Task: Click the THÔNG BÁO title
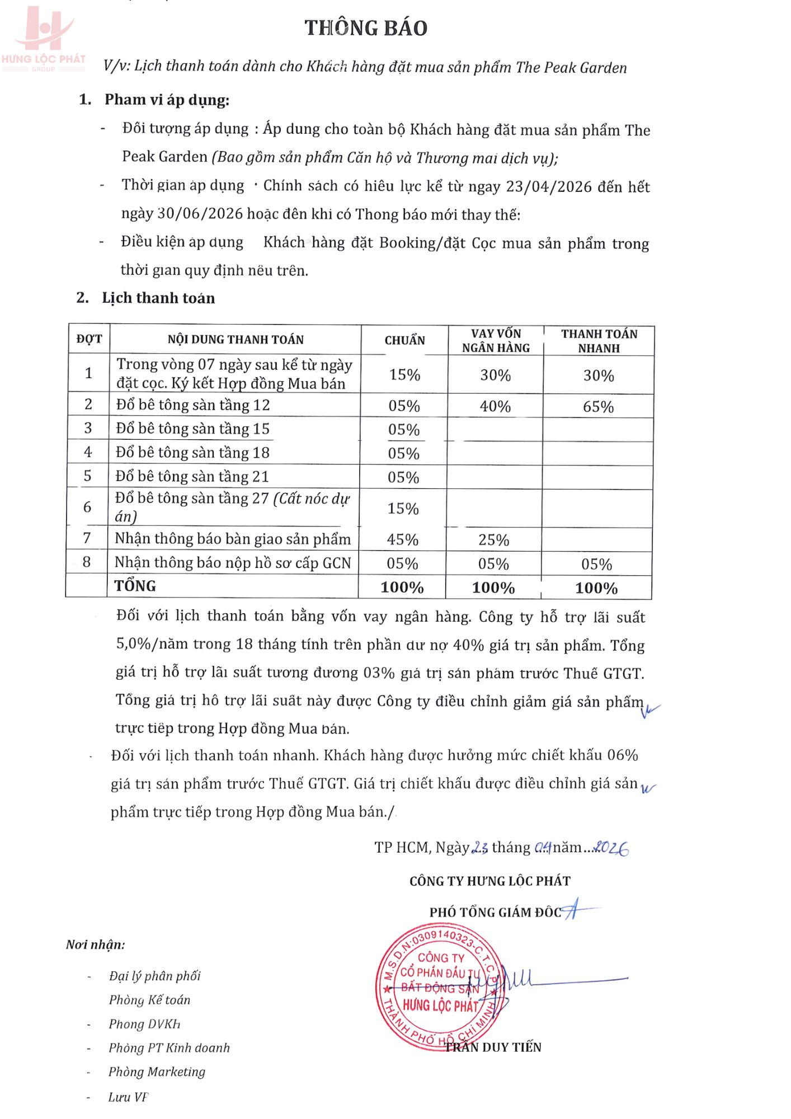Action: click(366, 28)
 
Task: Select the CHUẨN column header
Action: click(404, 340)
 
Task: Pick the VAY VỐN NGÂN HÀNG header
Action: click(496, 341)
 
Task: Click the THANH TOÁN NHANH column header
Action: click(599, 341)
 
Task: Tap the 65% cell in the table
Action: click(598, 407)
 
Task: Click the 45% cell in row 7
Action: click(403, 539)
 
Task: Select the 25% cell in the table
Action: click(493, 540)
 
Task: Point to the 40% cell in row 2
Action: click(495, 406)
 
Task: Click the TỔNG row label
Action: click(135, 586)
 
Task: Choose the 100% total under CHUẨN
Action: click(402, 587)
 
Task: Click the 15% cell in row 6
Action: click(403, 508)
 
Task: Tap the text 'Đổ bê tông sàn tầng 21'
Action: click(192, 476)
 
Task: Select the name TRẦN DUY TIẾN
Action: click(493, 1047)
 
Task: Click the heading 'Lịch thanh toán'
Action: click(158, 298)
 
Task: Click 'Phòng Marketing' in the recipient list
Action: click(157, 1071)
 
